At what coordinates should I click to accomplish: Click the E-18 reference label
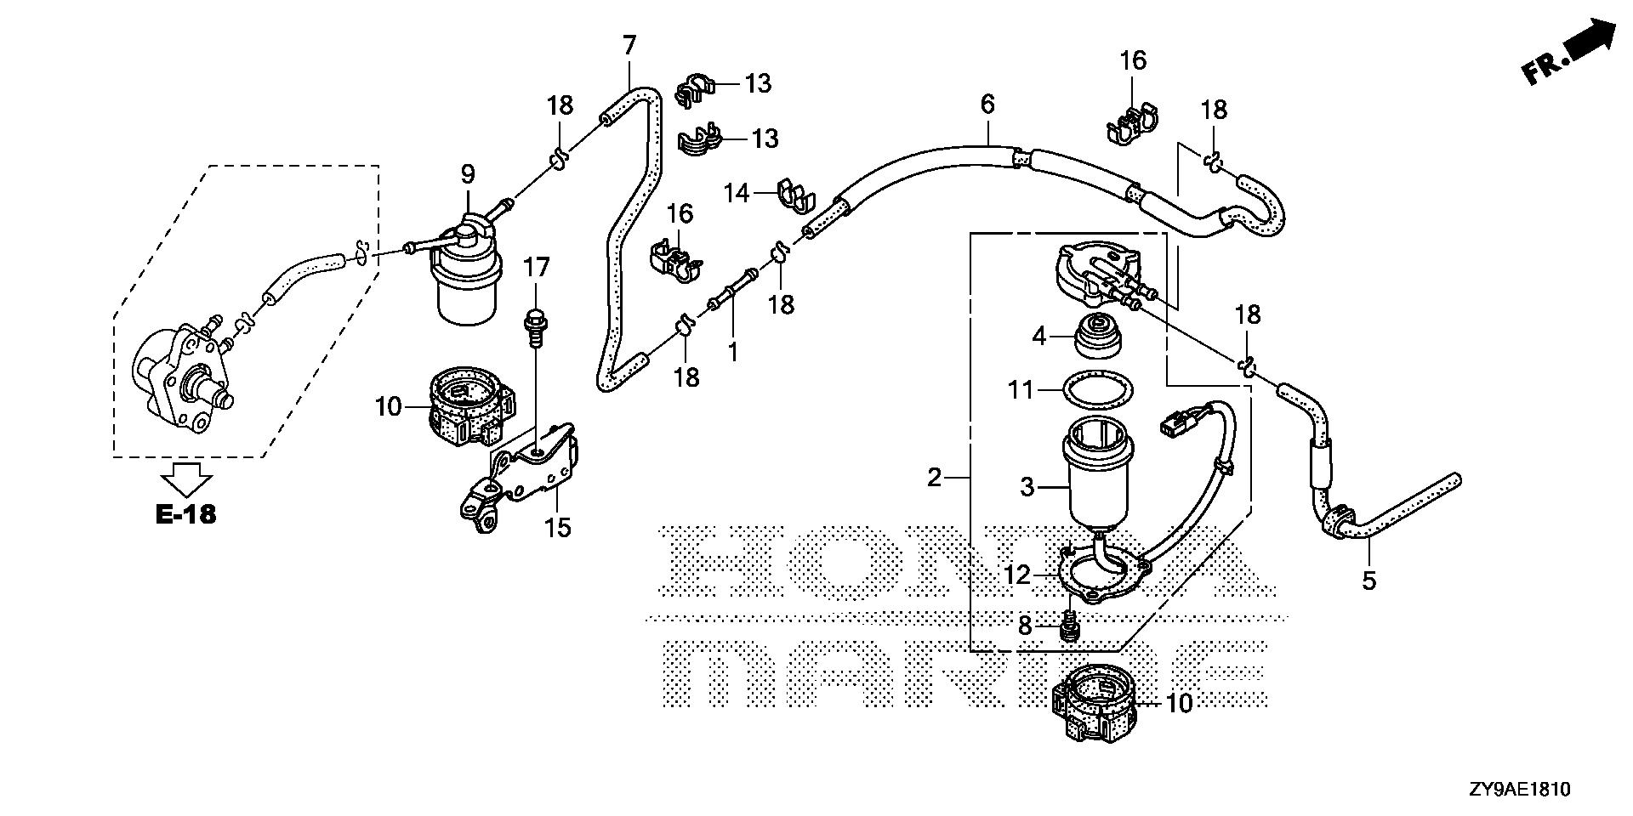click(x=187, y=514)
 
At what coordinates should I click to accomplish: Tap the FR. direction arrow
click(x=1569, y=54)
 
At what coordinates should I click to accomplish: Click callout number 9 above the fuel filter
click(x=468, y=175)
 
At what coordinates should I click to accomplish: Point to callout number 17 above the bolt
click(x=537, y=269)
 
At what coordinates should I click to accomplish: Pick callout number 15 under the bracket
click(x=558, y=528)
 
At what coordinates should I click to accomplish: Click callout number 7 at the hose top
click(x=629, y=46)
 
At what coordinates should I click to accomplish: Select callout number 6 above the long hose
click(x=987, y=105)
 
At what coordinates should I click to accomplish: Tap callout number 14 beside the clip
click(x=737, y=194)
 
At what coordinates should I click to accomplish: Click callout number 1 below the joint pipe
click(x=732, y=349)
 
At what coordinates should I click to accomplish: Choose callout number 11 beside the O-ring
click(x=1021, y=390)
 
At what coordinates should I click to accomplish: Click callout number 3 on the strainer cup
click(x=1027, y=487)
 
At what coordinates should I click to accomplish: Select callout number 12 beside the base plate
click(x=1017, y=576)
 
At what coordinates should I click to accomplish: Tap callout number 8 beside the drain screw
click(x=1024, y=626)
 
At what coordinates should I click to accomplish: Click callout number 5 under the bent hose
click(x=1368, y=581)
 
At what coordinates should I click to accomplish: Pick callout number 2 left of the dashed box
click(x=934, y=478)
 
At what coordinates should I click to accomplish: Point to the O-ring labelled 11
click(x=1101, y=390)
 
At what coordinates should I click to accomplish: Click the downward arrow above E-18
click(x=187, y=479)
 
